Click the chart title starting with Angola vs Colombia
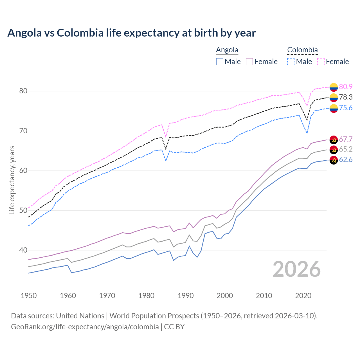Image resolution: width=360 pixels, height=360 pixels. click(132, 33)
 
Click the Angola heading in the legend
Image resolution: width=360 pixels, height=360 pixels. click(227, 50)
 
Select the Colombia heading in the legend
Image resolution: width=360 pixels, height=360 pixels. click(302, 50)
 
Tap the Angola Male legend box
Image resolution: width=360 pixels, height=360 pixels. click(220, 62)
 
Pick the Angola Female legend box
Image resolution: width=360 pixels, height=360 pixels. click(249, 62)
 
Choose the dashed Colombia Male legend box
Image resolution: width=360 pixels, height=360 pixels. click(291, 62)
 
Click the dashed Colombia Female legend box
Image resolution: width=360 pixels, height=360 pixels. click(321, 62)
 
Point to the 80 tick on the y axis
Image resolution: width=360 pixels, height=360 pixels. click(23, 91)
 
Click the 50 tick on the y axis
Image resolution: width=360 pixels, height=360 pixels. click(23, 210)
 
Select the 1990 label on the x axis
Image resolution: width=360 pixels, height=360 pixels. click(186, 296)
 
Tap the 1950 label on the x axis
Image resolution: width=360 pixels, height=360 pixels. click(29, 296)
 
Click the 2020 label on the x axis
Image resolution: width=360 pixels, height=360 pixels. click(303, 296)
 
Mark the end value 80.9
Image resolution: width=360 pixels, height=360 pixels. click(346, 87)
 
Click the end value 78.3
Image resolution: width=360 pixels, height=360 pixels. click(346, 97)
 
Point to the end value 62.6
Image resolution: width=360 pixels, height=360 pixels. click(346, 160)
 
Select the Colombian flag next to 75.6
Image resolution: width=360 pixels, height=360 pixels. click(334, 108)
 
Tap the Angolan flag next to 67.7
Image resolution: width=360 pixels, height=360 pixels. click(334, 139)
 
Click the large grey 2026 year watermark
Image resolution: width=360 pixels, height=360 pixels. click(297, 269)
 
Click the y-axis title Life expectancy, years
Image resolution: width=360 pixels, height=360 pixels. click(12, 180)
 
